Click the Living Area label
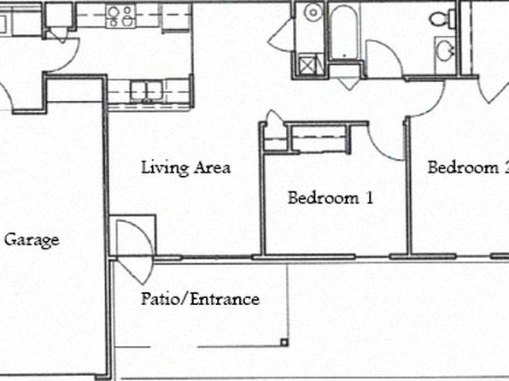coord(185,168)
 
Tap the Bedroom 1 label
coord(331,198)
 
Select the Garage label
coord(32,241)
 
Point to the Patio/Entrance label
coord(200,299)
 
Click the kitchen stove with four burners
coord(120,16)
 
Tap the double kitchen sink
coord(147,91)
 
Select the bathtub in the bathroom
coord(344,32)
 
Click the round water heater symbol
coord(313,13)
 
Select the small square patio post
coord(284,342)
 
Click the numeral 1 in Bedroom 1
coord(370,198)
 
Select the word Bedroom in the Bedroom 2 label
coord(463,167)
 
